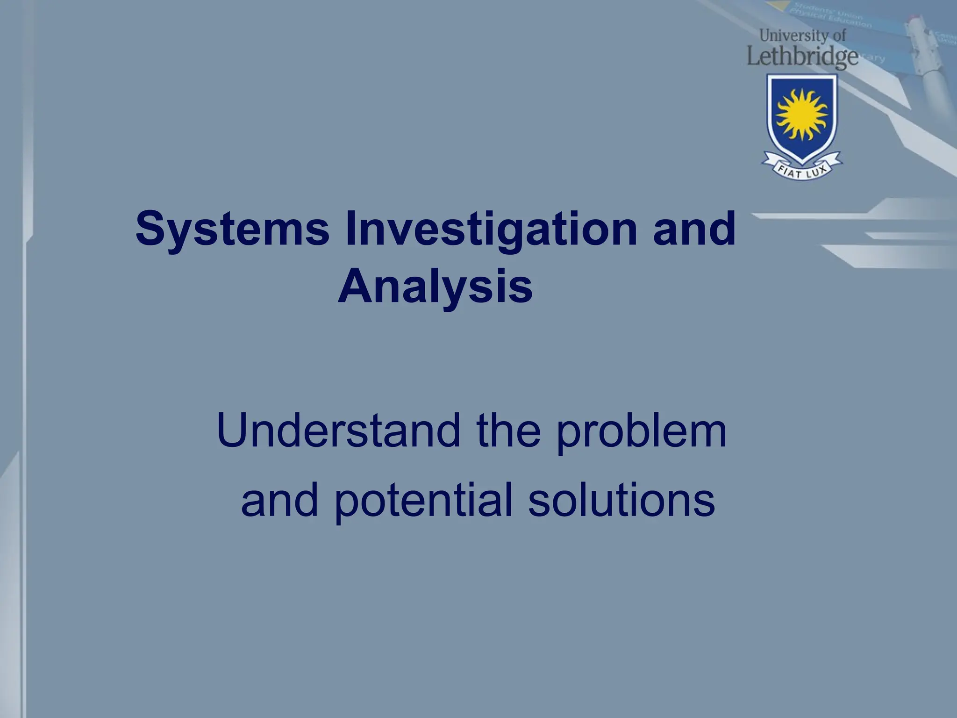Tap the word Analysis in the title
pyautogui.click(x=435, y=286)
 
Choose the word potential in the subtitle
pyautogui.click(x=424, y=501)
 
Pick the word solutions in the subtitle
pyautogui.click(x=621, y=500)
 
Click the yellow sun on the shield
pyautogui.click(x=802, y=115)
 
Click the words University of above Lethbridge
pyautogui.click(x=802, y=35)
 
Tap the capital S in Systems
pyautogui.click(x=150, y=229)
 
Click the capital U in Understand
pyautogui.click(x=235, y=431)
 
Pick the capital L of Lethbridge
pyautogui.click(x=754, y=56)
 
